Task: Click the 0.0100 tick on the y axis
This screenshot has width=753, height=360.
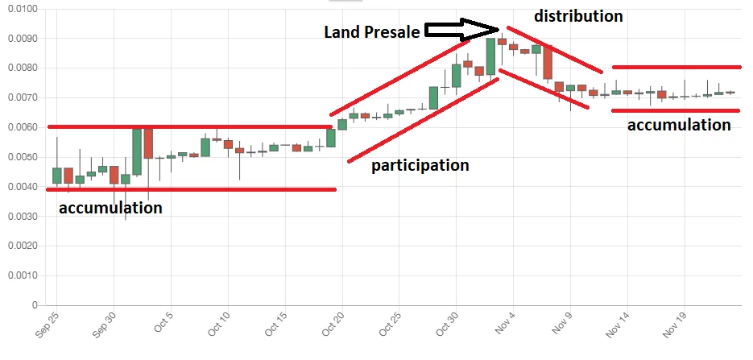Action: (23, 9)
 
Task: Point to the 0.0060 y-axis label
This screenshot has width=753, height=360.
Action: (23, 128)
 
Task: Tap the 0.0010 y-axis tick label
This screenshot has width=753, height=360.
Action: (23, 276)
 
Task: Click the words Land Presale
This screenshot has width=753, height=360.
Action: (372, 32)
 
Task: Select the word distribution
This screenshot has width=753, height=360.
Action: (578, 16)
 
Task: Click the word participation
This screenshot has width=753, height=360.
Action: (420, 165)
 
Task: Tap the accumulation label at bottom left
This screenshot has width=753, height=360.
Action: (110, 208)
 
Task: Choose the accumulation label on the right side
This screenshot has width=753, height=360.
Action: (679, 125)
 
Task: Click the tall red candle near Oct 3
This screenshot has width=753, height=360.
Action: (148, 143)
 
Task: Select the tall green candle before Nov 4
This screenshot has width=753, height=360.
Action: (490, 56)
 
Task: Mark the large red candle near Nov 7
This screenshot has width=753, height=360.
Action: (548, 62)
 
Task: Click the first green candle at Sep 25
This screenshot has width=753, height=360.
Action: (56, 176)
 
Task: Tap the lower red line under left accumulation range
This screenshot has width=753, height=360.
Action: (191, 189)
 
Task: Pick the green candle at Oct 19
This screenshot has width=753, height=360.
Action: (331, 138)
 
